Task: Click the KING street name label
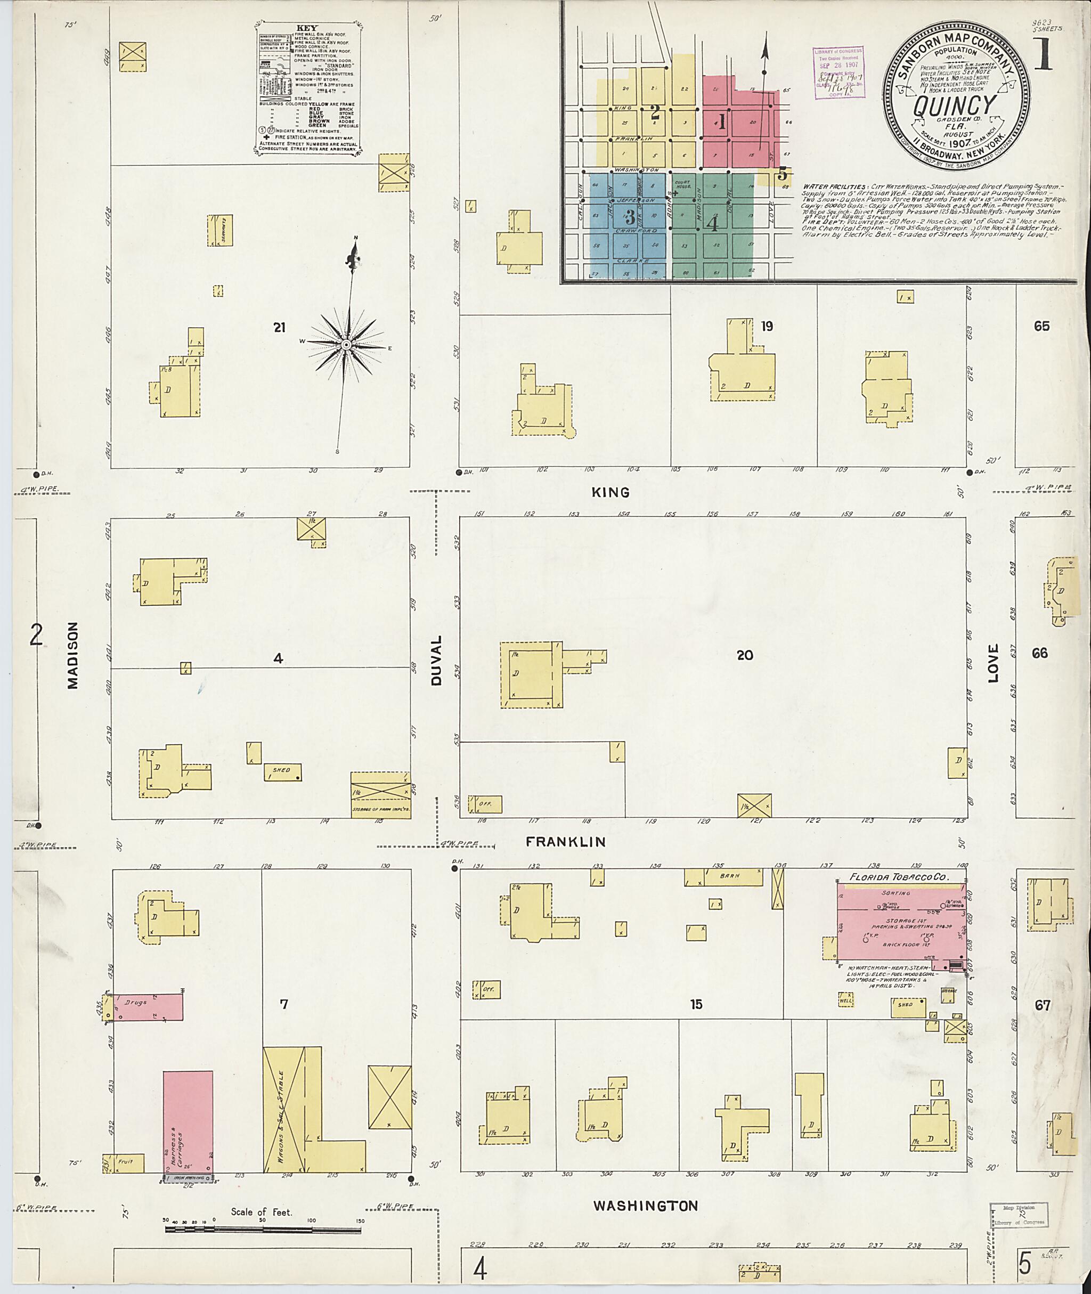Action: [610, 492]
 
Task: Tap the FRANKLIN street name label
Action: [565, 842]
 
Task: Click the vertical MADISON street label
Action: [74, 655]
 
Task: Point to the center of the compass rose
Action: [347, 344]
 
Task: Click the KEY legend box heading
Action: [307, 28]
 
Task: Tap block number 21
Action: [280, 327]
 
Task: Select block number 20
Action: [745, 655]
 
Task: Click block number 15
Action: [696, 1005]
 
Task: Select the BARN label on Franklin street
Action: [729, 876]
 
